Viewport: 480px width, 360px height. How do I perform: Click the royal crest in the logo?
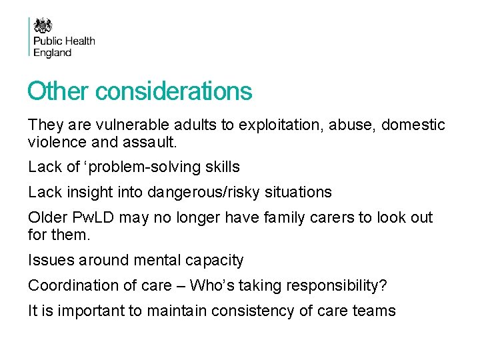coord(43,25)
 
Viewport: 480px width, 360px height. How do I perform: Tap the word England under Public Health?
coord(53,53)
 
